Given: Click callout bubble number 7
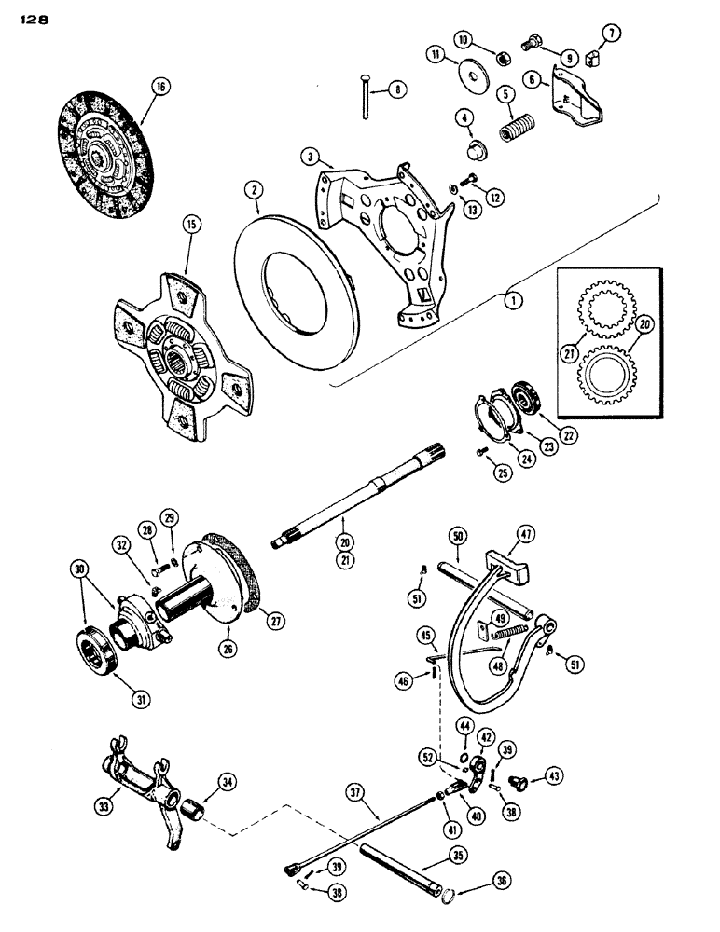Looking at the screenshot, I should point(611,34).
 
